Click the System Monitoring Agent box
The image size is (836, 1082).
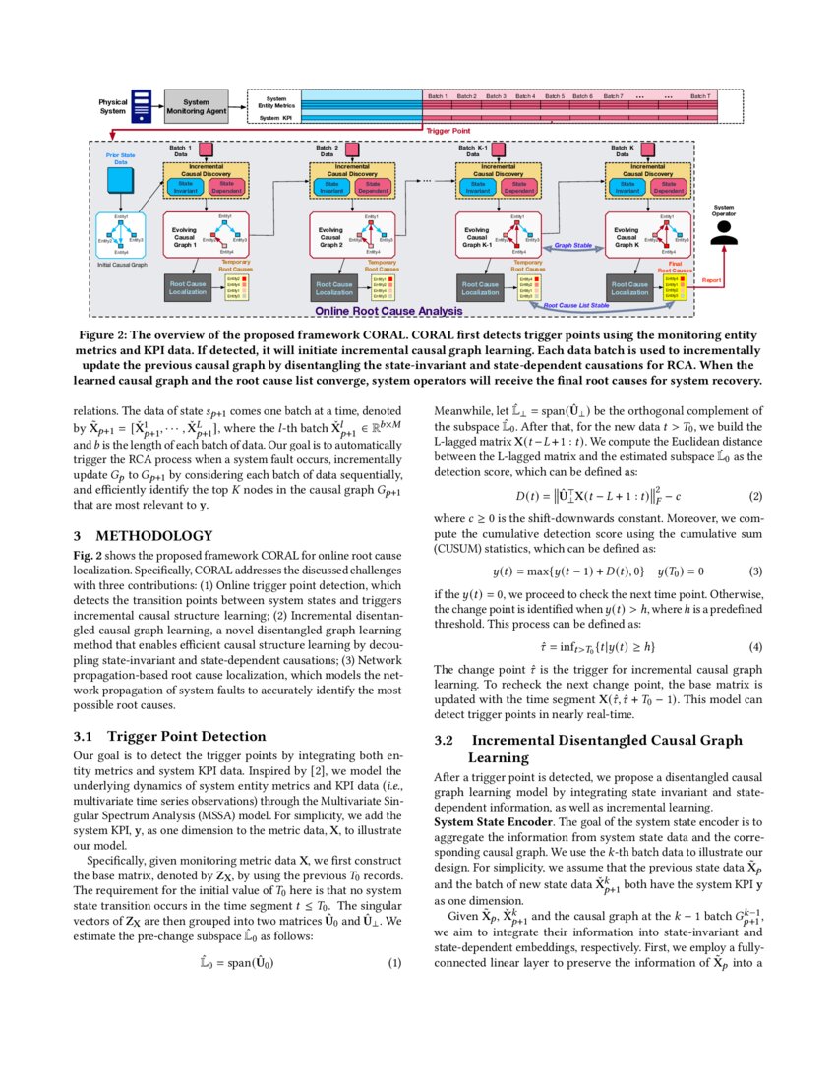click(197, 106)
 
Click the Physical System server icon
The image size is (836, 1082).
click(142, 106)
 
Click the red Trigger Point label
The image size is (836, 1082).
click(447, 131)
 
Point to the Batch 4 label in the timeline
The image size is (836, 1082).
click(525, 96)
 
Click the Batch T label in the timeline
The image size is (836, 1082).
click(699, 96)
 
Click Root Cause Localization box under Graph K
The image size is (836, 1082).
click(629, 288)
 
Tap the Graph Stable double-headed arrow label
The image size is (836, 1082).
click(572, 246)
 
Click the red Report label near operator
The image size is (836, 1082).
click(712, 280)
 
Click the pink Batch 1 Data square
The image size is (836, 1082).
click(208, 150)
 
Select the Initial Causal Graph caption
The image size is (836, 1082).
click(122, 266)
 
